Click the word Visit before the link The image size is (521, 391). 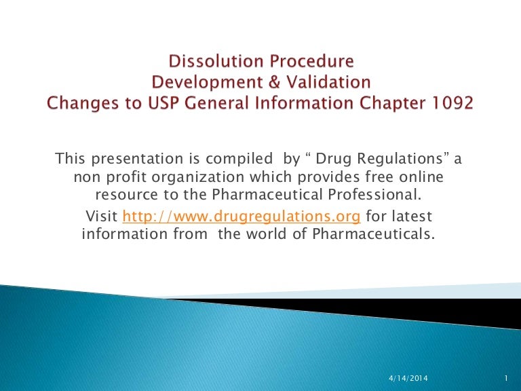click(x=103, y=217)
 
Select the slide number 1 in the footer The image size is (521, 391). click(x=506, y=377)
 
